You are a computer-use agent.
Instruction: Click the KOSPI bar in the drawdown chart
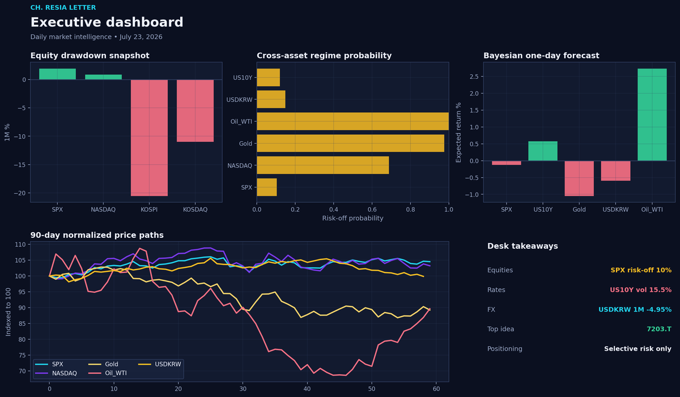(x=149, y=138)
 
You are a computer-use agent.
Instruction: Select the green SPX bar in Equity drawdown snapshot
(x=57, y=74)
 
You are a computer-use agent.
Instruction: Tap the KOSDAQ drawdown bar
(x=195, y=110)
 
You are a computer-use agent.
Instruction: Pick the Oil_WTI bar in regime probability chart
(x=352, y=121)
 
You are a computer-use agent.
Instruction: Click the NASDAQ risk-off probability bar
(x=322, y=165)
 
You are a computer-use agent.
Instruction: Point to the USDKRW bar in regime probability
(x=271, y=100)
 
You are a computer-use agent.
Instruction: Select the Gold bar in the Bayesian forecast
(x=579, y=178)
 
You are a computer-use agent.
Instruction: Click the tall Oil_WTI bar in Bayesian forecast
(x=652, y=114)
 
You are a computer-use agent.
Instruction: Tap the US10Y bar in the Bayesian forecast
(x=543, y=151)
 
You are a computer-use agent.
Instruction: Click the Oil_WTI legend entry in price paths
(x=108, y=373)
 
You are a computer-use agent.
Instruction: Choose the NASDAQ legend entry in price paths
(x=56, y=373)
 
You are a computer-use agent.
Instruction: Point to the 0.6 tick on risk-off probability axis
(x=372, y=210)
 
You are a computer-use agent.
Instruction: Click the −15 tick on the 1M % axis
(x=20, y=165)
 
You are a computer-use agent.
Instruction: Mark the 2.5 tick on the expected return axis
(x=474, y=76)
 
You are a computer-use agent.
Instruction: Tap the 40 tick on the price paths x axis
(x=307, y=389)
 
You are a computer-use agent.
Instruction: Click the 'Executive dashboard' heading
(x=107, y=22)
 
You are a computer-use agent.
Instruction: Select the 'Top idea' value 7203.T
(x=658, y=329)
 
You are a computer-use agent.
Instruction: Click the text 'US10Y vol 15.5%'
(x=640, y=289)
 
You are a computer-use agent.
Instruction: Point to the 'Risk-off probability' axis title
(x=352, y=218)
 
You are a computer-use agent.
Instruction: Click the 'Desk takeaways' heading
(x=522, y=246)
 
